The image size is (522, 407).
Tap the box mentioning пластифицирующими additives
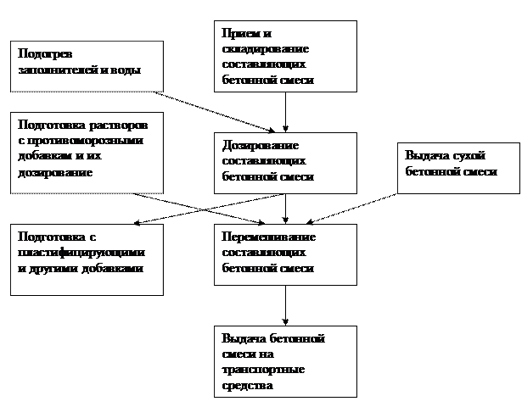pos(86,259)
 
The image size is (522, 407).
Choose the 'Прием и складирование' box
pos(284,55)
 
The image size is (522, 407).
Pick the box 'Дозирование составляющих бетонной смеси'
pos(284,159)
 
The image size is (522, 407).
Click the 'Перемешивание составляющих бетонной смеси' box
pos(284,252)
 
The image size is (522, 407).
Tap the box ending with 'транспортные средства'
pos(284,361)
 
